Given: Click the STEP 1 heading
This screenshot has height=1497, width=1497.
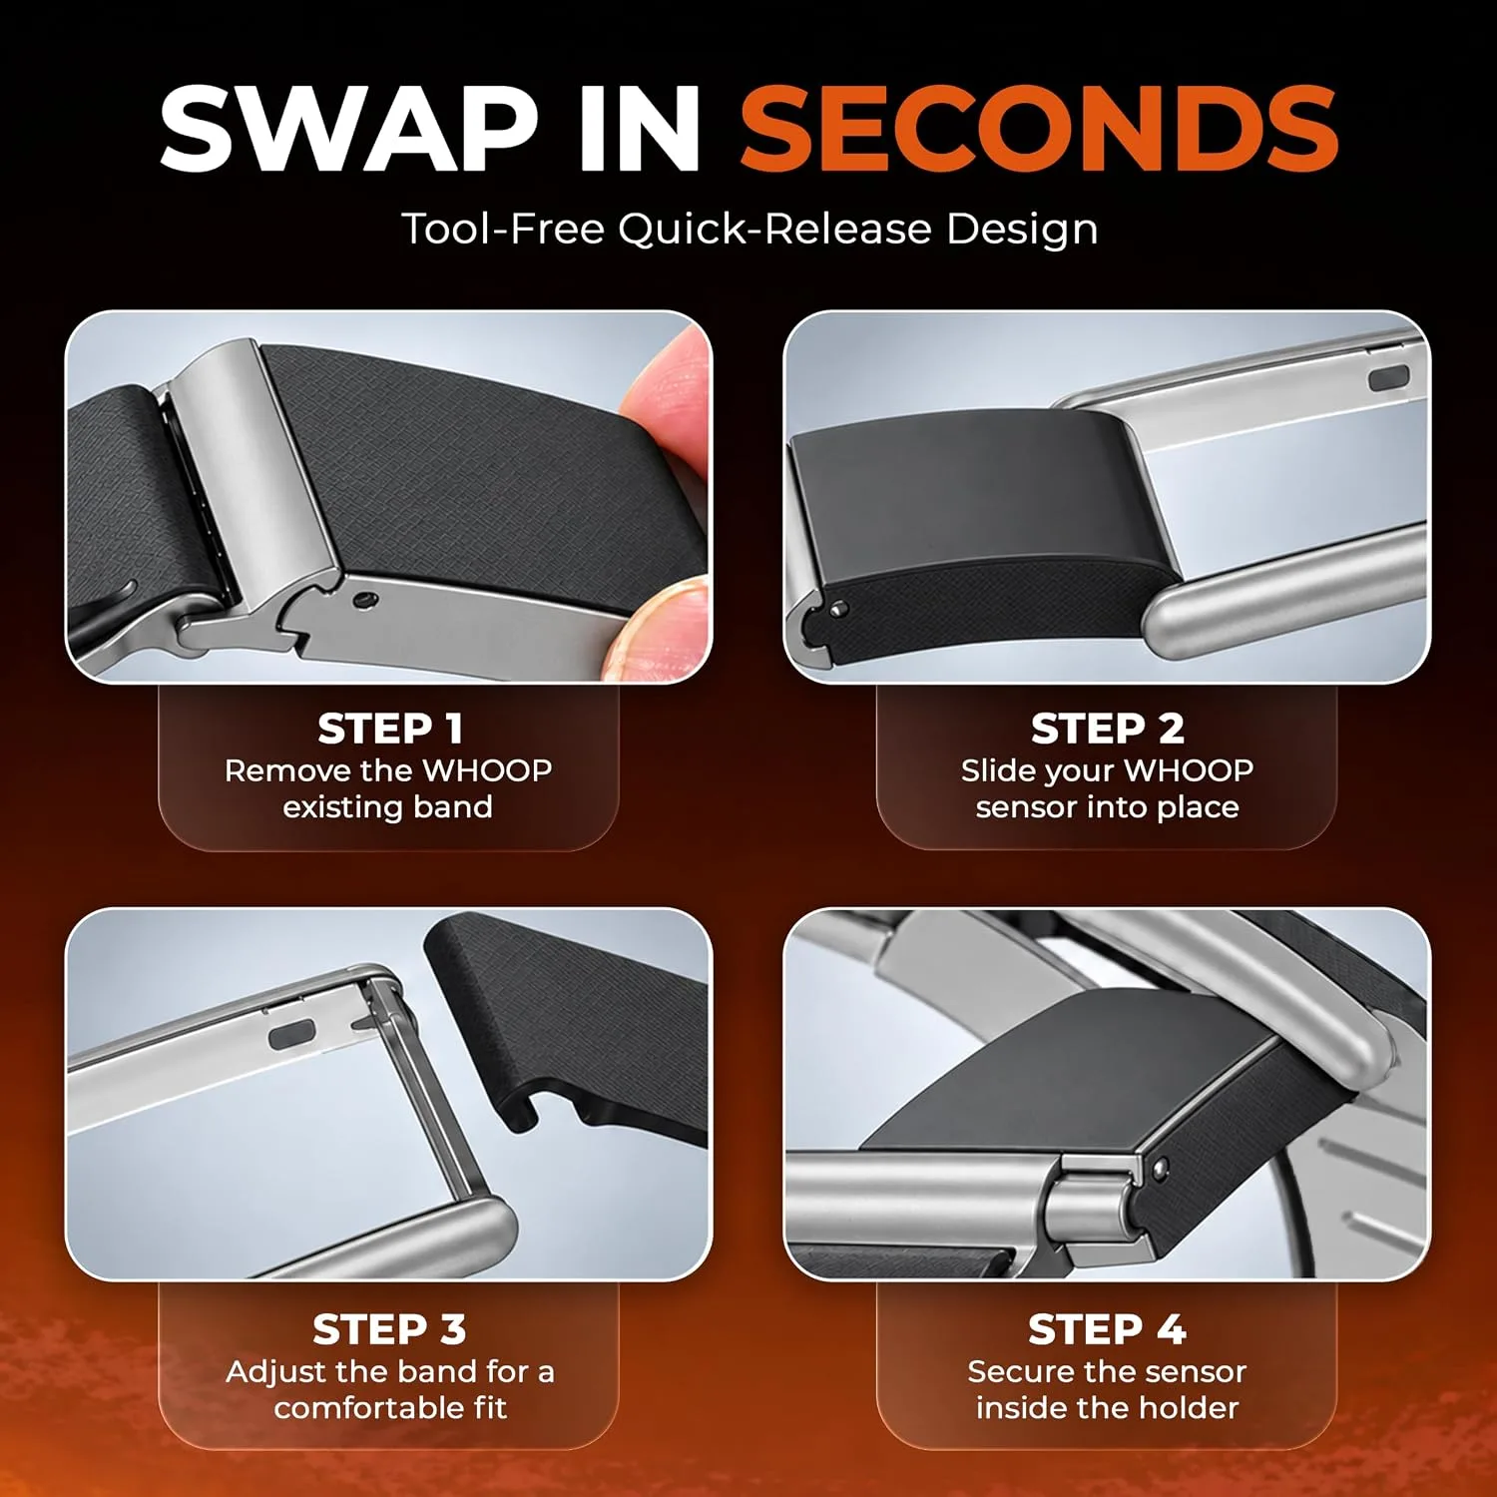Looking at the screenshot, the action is (x=389, y=729).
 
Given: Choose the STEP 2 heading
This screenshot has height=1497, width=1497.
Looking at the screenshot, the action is (x=1107, y=729).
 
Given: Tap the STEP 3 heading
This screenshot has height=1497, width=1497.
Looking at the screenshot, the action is (x=389, y=1329).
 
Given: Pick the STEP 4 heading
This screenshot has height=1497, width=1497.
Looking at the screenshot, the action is (x=1107, y=1329).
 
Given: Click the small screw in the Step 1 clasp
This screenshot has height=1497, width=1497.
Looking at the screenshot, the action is (x=365, y=600).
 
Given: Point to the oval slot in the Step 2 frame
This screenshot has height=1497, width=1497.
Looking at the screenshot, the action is (x=1388, y=378).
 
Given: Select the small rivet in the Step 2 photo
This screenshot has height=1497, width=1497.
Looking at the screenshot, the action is (x=839, y=608).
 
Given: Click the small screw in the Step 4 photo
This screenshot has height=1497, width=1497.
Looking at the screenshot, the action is (x=1160, y=1167).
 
